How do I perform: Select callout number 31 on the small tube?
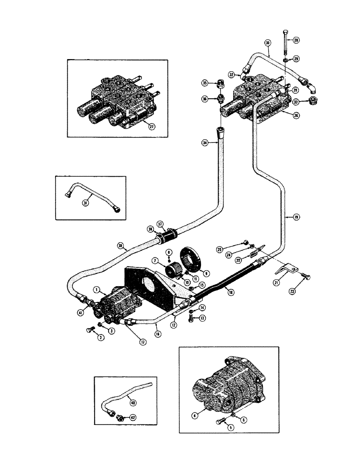(x=86, y=203)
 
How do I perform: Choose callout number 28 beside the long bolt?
(x=296, y=41)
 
